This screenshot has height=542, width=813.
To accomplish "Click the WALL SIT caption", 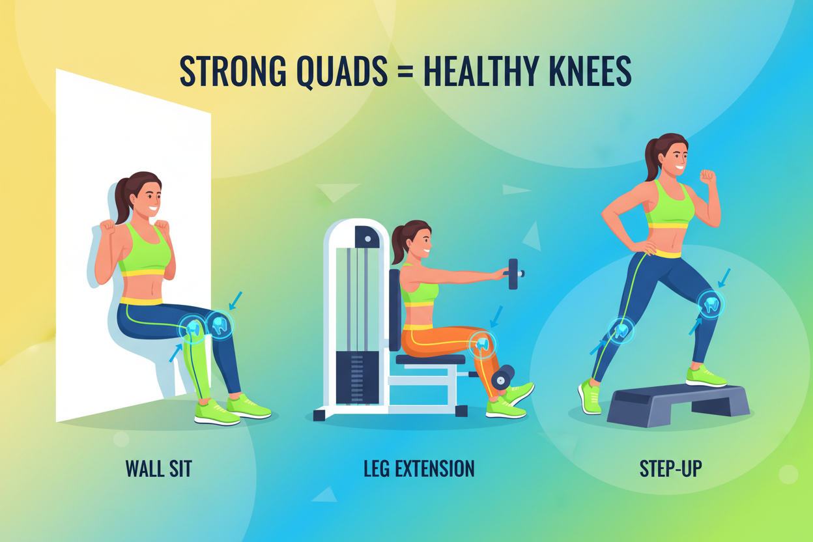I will click(x=158, y=468).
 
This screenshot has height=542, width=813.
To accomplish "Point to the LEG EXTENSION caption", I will click(x=419, y=468).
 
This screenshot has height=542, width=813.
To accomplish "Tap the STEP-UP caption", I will click(x=670, y=468).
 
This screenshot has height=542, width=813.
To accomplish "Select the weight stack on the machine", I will click(x=357, y=378).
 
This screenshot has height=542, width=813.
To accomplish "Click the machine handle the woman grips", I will click(x=513, y=274).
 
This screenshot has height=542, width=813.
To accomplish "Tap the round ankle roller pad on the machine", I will click(x=503, y=377).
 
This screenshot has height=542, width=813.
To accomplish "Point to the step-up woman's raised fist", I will click(x=707, y=177).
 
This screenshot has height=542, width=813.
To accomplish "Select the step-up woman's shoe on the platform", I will click(x=705, y=376).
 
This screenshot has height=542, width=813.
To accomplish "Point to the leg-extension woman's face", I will click(x=421, y=239).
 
